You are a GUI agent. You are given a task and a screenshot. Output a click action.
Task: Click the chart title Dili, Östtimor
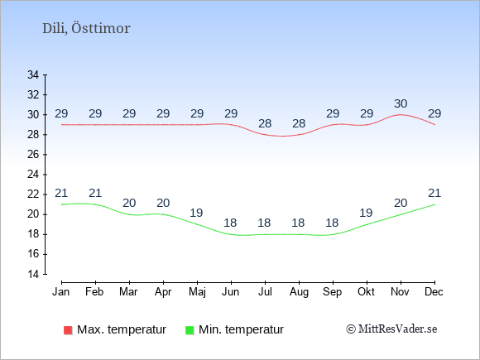[x=86, y=29]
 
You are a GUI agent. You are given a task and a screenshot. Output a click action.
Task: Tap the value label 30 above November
[x=401, y=103]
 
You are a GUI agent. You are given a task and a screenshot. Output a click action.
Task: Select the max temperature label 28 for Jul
[x=265, y=123]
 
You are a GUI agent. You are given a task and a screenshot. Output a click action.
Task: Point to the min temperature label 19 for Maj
[x=196, y=213]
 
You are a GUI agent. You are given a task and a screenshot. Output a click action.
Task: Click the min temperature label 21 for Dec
[x=434, y=193]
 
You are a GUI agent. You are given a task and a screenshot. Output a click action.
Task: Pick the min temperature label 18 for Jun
[x=230, y=223]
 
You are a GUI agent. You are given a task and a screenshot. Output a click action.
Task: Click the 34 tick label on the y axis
[x=33, y=74]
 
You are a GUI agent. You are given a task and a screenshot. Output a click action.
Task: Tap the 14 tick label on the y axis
[x=33, y=274]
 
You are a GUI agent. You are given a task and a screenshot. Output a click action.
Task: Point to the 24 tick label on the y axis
[x=33, y=175]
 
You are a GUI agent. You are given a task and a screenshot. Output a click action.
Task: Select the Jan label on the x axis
[x=61, y=292]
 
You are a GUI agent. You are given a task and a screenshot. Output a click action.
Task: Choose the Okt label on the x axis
[x=366, y=292]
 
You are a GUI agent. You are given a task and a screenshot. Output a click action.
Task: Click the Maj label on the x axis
[x=197, y=292]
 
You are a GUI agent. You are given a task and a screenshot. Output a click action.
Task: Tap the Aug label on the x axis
[x=299, y=292]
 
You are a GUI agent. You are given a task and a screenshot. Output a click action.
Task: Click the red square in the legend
[x=68, y=330]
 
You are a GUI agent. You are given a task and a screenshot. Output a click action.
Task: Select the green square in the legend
[x=190, y=330]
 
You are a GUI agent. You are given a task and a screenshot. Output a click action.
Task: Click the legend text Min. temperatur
[x=241, y=329]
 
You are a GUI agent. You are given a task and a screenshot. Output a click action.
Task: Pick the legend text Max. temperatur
[x=122, y=329]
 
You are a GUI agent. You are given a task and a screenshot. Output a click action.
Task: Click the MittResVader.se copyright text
[x=391, y=329]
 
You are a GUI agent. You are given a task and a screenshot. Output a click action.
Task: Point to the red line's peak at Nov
[x=401, y=114]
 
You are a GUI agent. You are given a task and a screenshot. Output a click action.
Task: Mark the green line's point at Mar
[x=129, y=214]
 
